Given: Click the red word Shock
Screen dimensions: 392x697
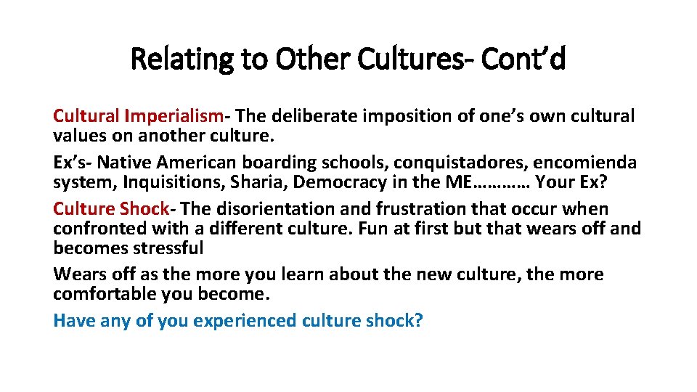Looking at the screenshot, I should click(x=144, y=209).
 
